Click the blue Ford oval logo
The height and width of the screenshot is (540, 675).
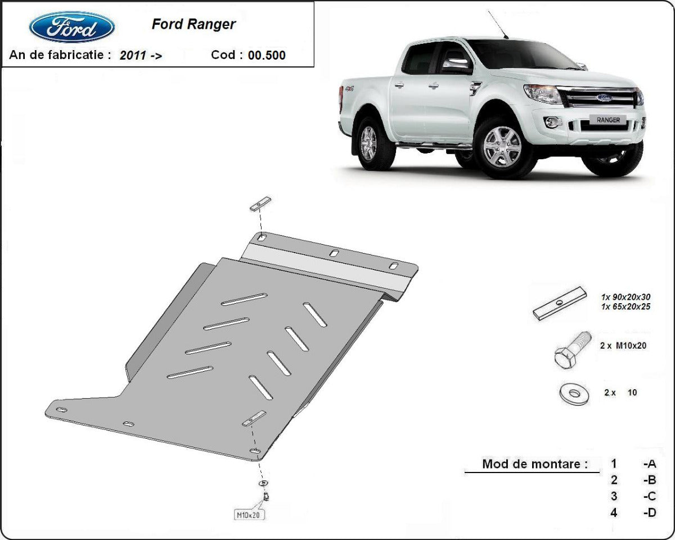72,27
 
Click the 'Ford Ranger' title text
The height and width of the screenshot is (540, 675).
193,24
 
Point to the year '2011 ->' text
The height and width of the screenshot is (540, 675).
141,55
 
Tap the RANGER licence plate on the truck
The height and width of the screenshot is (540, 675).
608,120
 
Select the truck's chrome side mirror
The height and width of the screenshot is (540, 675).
456,65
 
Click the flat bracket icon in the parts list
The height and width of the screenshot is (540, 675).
560,304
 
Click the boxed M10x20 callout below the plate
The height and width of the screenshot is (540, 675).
249,514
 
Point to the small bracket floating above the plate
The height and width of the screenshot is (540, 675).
260,204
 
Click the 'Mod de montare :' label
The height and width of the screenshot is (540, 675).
534,464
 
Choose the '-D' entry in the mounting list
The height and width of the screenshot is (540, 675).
650,512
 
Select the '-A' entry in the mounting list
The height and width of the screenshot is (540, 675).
650,464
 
